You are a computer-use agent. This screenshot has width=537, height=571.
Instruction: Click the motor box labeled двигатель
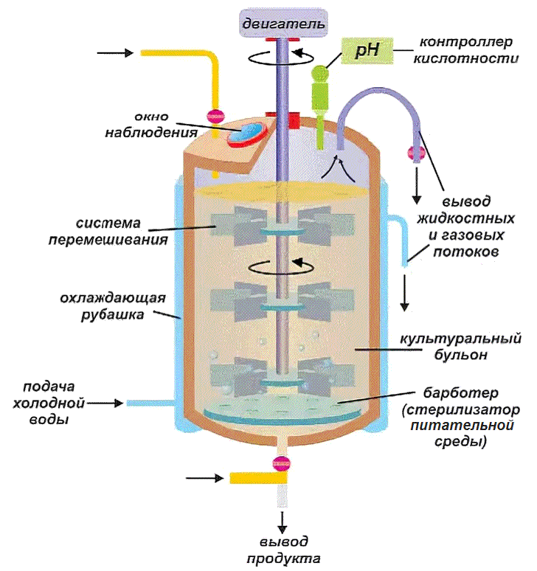pos(281,24)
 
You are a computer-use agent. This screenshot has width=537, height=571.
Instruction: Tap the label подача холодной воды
pos(50,404)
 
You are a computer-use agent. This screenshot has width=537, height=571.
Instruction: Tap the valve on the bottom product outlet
pos(281,463)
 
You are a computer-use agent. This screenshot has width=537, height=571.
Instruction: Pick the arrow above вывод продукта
pos(281,519)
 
